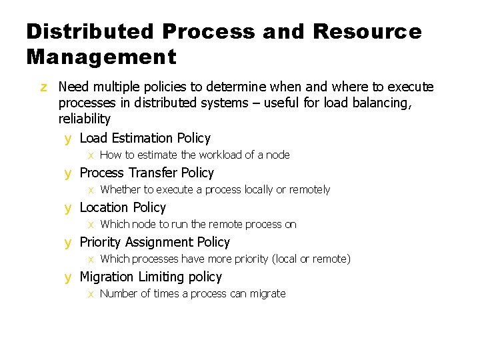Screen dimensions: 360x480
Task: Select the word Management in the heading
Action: (101, 57)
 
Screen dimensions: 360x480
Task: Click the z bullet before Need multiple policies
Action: (43, 87)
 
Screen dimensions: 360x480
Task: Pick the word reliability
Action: (85, 119)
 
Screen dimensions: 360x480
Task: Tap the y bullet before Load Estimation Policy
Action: (67, 139)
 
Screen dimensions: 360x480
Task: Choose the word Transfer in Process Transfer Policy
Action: (153, 173)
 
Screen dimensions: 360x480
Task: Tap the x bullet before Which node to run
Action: (91, 225)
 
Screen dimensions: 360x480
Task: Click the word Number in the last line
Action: (119, 293)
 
